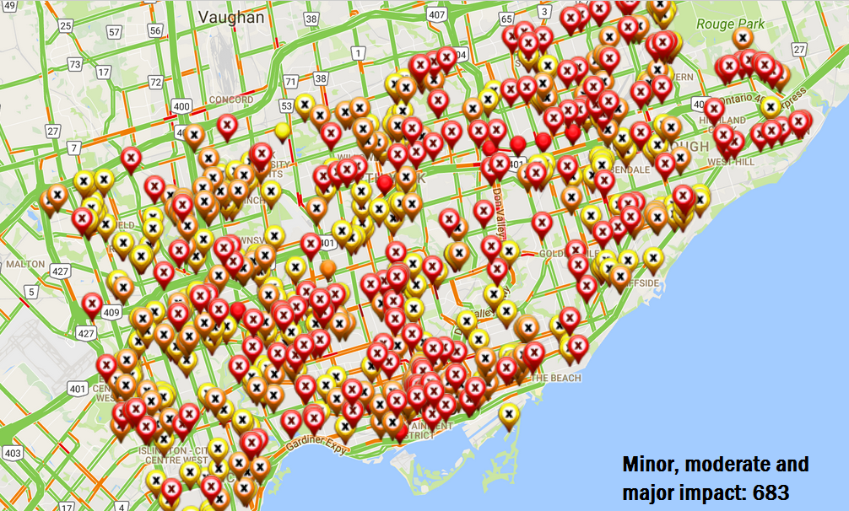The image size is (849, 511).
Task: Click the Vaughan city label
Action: [230, 16]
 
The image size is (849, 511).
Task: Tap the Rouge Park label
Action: [727, 24]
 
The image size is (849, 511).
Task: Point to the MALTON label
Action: [24, 263]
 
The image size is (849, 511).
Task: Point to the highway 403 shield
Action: [11, 453]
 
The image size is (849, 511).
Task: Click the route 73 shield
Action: [75, 64]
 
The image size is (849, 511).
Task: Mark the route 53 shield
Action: [286, 105]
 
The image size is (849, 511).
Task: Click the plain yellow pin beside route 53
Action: [282, 130]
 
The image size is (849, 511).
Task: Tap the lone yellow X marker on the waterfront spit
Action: [508, 412]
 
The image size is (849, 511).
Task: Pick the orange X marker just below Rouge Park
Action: [743, 38]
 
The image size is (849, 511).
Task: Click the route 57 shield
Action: [114, 31]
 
